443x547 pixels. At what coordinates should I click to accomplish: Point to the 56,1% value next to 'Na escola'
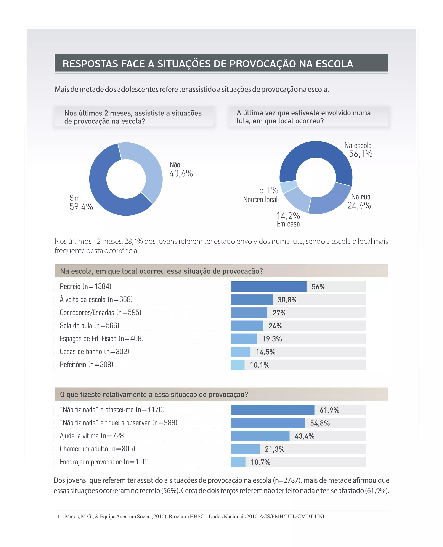(x=361, y=154)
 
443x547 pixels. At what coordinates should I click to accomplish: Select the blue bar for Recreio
(x=268, y=287)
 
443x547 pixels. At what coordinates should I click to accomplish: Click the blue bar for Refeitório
(x=238, y=365)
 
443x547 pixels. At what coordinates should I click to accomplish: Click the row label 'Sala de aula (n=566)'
(x=89, y=326)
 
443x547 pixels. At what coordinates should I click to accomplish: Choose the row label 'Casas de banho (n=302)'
(x=94, y=352)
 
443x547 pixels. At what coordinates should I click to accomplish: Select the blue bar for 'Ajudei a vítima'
(x=260, y=436)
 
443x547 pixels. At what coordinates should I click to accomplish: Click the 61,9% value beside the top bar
(x=329, y=410)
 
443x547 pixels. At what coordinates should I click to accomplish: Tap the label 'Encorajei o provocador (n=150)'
(x=104, y=462)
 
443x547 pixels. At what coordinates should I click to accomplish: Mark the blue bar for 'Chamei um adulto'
(x=245, y=449)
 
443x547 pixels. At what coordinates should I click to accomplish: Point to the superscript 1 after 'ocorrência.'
(x=140, y=248)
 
